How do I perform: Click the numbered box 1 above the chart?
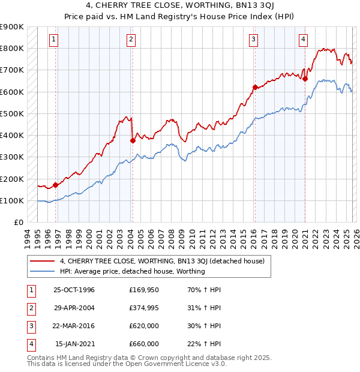tap(54, 40)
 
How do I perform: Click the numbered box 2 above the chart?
tap(131, 40)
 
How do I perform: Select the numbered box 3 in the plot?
tap(254, 40)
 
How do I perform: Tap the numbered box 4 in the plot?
tap(304, 40)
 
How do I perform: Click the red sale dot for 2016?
tap(255, 87)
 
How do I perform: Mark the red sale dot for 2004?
tap(133, 140)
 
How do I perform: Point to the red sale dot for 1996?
tap(55, 185)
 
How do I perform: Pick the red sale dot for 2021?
tap(305, 79)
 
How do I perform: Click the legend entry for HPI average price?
tap(133, 271)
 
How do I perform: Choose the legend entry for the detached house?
tap(166, 260)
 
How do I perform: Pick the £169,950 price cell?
tap(143, 289)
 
